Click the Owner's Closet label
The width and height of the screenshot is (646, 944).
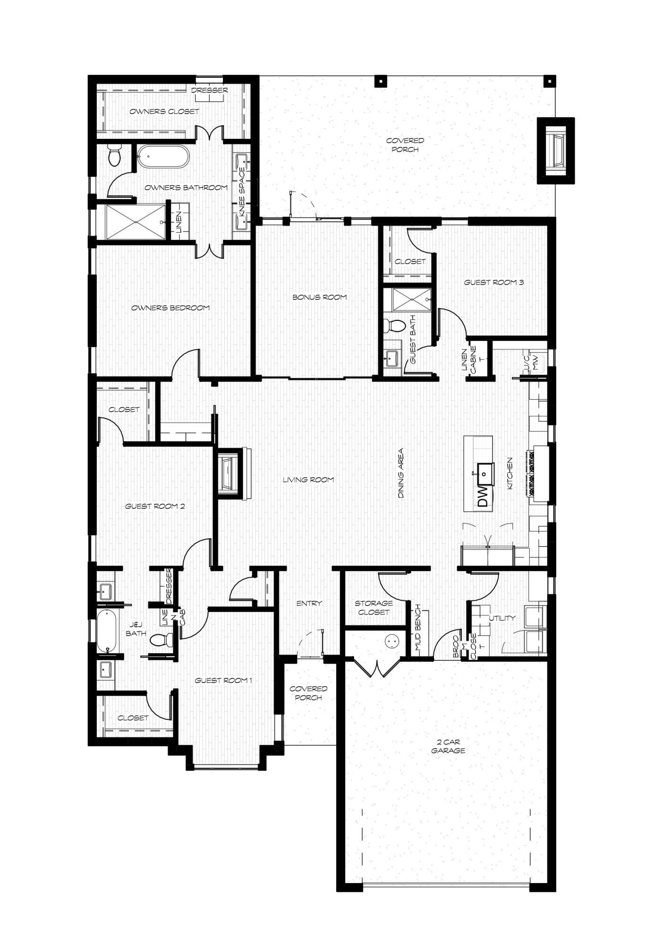point(164,111)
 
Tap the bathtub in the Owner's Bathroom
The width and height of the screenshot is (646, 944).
point(163,156)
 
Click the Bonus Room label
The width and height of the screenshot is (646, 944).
point(320,297)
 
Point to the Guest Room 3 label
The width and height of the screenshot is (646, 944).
point(494,283)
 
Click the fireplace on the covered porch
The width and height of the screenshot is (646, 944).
point(556,150)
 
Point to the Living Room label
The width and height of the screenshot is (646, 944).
point(308,480)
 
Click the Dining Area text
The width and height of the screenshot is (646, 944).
point(401,473)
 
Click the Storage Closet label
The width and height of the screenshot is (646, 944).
point(374,607)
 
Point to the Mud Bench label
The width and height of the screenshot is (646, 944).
point(417,628)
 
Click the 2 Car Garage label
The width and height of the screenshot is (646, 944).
point(448,746)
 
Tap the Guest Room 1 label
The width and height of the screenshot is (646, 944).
point(224,680)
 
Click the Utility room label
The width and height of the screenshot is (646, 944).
point(502,618)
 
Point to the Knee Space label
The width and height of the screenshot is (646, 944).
point(242,192)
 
